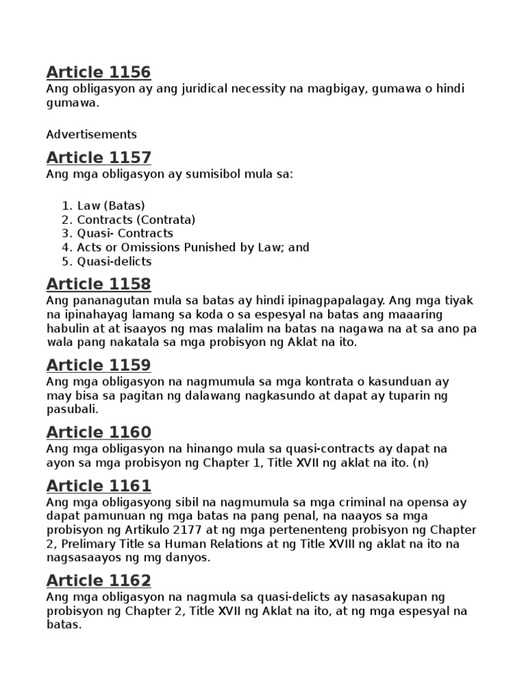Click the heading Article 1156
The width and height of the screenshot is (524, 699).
(98, 72)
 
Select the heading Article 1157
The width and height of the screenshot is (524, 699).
(98, 158)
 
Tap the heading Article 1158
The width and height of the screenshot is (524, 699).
(98, 284)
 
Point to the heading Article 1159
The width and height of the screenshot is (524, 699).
(98, 365)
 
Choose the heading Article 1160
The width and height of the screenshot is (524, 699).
(98, 432)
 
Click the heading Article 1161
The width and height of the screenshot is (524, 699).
(98, 486)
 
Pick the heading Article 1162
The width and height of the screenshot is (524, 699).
(98, 581)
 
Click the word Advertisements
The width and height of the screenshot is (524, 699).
(91, 134)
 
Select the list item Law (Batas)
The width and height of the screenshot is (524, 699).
(111, 205)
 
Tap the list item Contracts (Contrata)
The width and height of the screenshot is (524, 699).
(136, 220)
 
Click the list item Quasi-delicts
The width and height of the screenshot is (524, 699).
(115, 261)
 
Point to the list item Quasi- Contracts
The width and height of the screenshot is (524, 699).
(126, 233)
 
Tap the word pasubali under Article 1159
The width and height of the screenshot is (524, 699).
(73, 410)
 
